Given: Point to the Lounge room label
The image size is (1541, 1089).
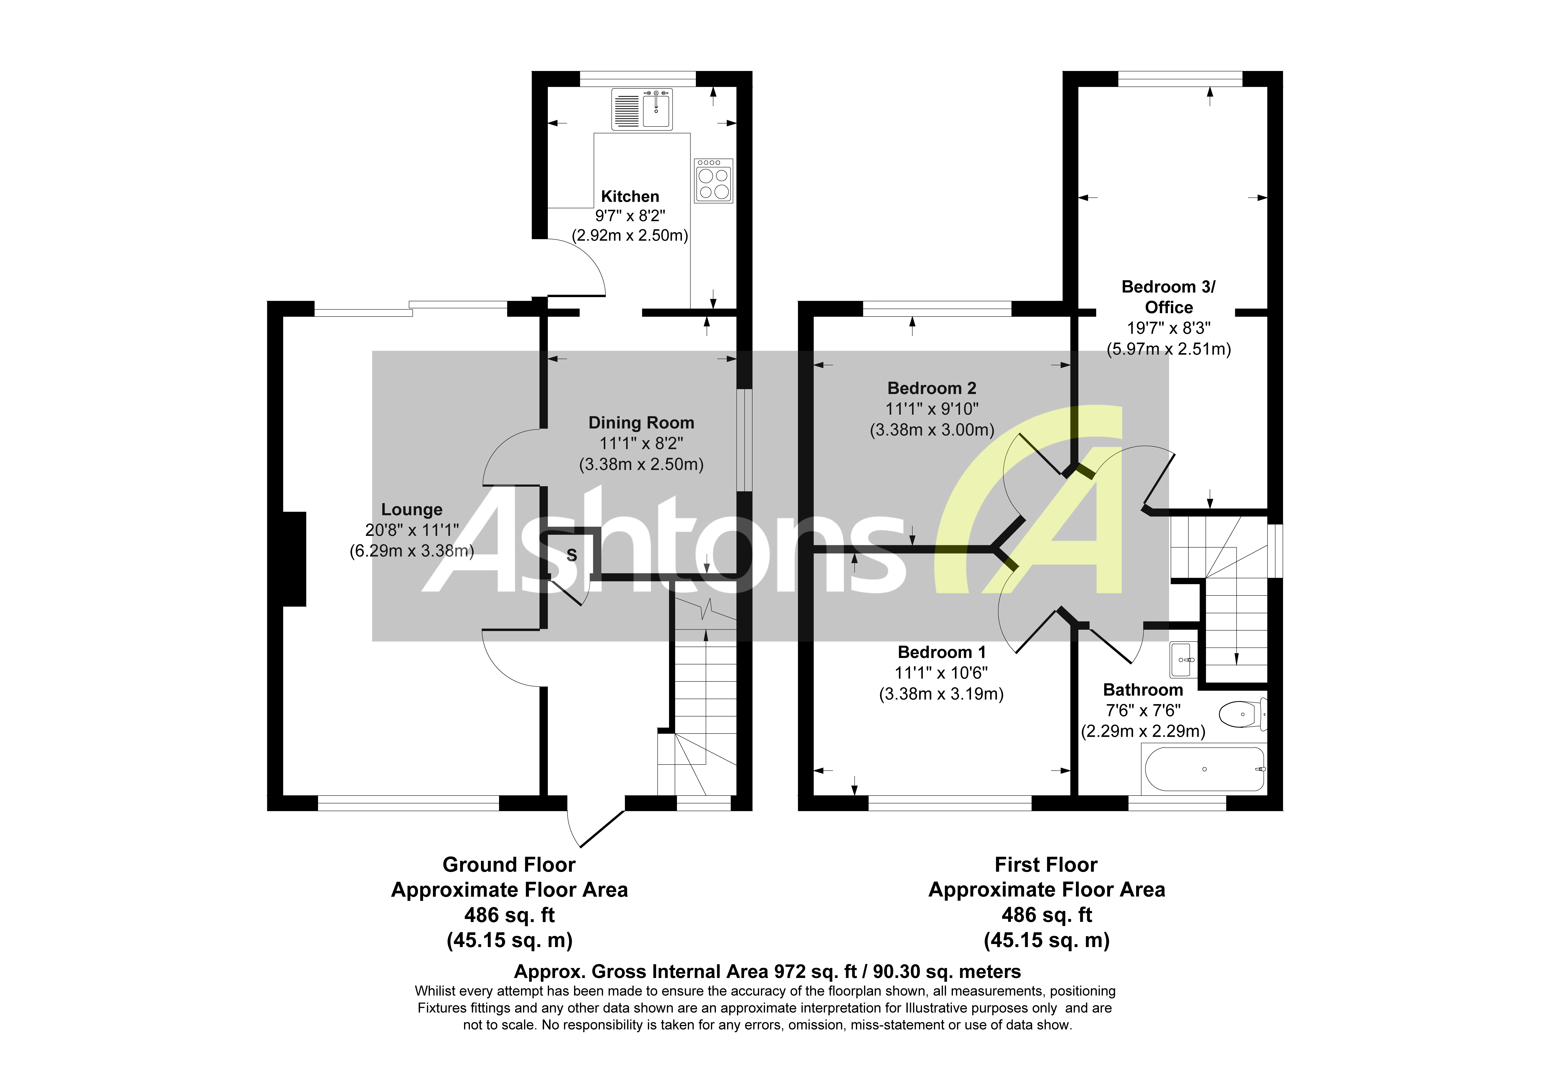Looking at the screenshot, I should coord(411,510).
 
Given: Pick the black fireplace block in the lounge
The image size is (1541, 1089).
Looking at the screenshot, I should coord(294,559).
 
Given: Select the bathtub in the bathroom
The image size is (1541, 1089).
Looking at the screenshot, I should coord(1204,769).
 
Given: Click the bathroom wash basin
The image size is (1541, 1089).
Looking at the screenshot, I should coord(1183,660).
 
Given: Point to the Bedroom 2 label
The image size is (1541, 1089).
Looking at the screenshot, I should coord(932,388).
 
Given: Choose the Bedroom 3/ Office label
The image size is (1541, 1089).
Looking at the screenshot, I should coord(1168,297).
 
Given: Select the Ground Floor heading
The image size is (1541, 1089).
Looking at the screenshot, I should coord(509,865).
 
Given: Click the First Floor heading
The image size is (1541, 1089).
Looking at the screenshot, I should coord(1046,865).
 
